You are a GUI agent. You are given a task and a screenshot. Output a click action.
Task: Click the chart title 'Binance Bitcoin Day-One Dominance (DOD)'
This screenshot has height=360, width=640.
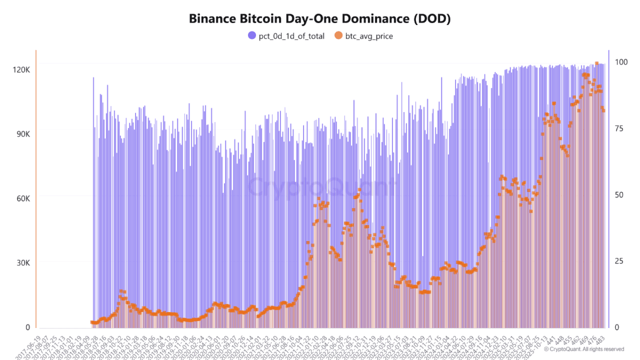click(x=320, y=19)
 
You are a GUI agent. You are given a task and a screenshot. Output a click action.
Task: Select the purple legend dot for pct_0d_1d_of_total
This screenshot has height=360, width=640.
click(x=252, y=36)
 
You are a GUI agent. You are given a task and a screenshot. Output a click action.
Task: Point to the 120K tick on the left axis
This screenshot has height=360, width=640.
click(x=21, y=70)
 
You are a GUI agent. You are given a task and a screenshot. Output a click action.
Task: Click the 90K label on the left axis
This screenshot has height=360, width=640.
click(x=21, y=134)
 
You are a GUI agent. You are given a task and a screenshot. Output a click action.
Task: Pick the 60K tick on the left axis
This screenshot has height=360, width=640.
click(x=21, y=198)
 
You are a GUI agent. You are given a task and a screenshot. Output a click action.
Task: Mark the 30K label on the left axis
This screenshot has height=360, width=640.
click(x=21, y=263)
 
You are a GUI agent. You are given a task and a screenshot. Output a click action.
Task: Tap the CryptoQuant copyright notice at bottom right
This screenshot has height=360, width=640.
click(x=584, y=349)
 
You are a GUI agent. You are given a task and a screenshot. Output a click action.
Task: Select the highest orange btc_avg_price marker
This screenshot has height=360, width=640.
click(x=597, y=63)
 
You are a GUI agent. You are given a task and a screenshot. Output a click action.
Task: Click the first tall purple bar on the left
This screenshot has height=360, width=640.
click(x=93, y=203)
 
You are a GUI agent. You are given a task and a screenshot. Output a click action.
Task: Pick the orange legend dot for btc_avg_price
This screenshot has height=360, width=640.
click(x=338, y=36)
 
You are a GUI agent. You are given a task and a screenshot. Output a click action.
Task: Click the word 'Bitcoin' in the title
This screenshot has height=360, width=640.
click(x=252, y=19)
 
